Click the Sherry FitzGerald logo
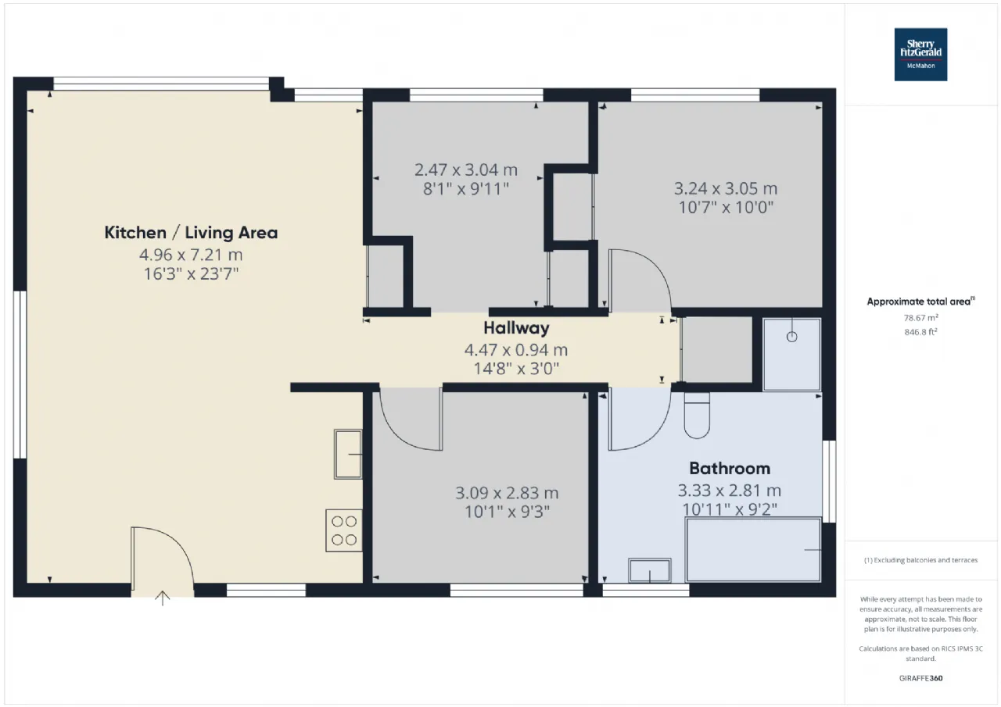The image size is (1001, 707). click(920, 55)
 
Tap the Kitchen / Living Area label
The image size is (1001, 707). click(191, 233)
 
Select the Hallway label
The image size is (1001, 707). click(516, 328)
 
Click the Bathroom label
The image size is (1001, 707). click(730, 468)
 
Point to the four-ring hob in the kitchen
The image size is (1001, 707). click(343, 530)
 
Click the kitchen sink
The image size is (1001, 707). click(348, 455)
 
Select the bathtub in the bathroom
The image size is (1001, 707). click(753, 549)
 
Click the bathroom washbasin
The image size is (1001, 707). click(650, 570)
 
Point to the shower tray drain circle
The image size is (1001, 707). click(792, 337)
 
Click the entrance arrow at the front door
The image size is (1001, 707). click(163, 598)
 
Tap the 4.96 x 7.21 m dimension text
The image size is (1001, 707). click(191, 255)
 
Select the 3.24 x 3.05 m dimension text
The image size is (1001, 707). click(726, 188)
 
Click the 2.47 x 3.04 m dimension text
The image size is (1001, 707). click(466, 170)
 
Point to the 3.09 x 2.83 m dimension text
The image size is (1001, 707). click(508, 493)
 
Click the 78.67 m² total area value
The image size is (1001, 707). click(921, 318)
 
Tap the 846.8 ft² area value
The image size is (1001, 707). click(921, 332)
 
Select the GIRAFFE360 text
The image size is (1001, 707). click(921, 678)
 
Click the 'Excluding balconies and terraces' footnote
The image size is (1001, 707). click(921, 559)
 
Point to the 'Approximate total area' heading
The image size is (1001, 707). click(921, 302)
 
